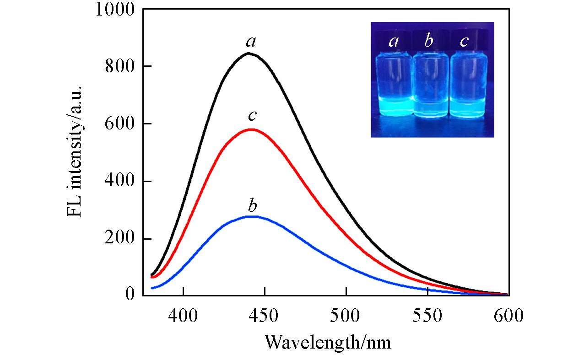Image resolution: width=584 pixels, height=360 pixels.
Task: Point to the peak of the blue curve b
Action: pos(251,216)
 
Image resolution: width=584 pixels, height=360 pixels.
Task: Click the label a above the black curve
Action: pos(250,42)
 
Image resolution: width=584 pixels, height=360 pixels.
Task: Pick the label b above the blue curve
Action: pos(252,205)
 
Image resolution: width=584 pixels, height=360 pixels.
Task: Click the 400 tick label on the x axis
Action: pos(183,316)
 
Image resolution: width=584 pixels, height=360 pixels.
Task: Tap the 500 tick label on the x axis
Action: pos(346,316)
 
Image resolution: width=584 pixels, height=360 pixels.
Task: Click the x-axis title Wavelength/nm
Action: pos(328,341)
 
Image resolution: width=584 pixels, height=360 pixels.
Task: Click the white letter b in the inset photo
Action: pos(429,42)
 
